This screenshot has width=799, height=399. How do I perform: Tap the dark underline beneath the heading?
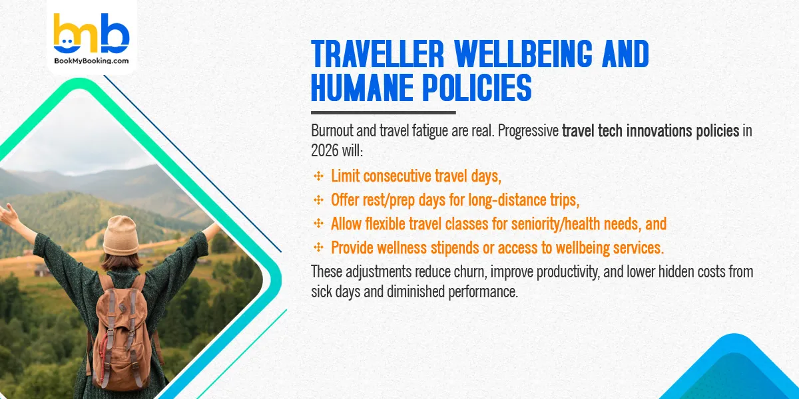tap(383, 112)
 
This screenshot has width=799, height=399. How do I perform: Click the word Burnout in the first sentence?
tap(333, 130)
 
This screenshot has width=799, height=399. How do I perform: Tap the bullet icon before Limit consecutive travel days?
tap(318, 176)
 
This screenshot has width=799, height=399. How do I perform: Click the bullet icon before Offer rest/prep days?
tap(318, 200)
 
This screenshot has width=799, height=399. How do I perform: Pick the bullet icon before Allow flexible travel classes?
tap(318, 224)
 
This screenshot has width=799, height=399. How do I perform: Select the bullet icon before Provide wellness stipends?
tap(318, 247)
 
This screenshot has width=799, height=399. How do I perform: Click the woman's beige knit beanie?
tap(121, 235)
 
